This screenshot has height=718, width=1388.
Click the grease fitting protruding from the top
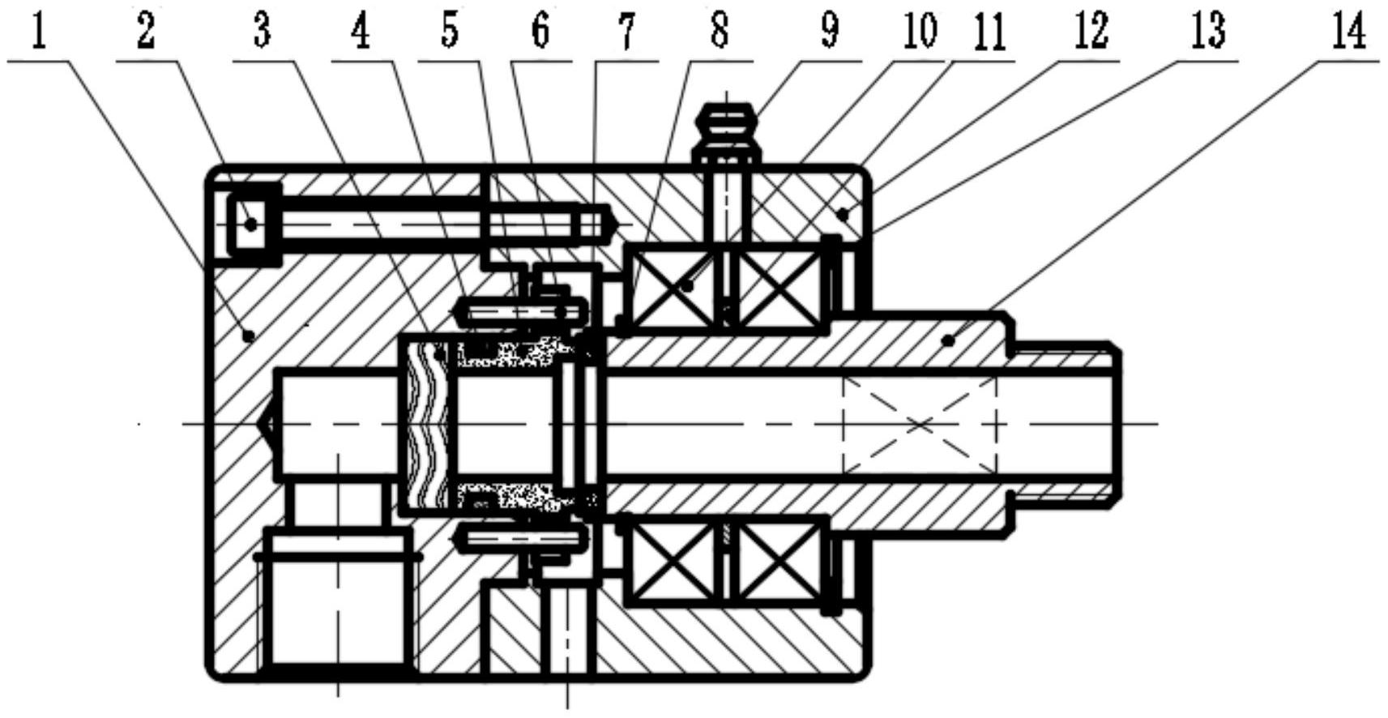point(728,126)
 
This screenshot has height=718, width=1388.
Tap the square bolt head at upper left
point(250,223)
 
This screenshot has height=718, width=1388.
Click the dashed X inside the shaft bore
point(920,424)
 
